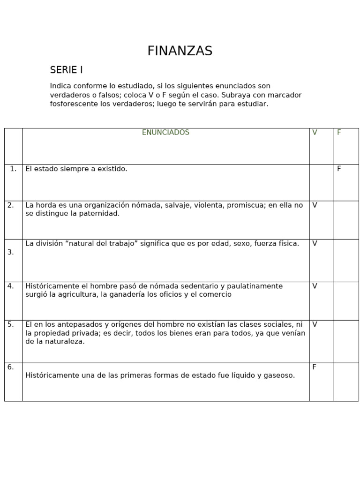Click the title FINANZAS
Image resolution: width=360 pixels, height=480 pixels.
pyautogui.click(x=180, y=51)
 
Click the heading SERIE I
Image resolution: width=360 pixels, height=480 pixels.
pyautogui.click(x=66, y=70)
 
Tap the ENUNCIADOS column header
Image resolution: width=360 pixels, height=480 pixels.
pyautogui.click(x=165, y=133)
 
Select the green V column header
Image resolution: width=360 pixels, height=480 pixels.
pyautogui.click(x=315, y=133)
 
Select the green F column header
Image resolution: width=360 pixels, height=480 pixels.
pyautogui.click(x=339, y=133)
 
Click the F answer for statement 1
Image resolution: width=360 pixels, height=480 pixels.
pyautogui.click(x=339, y=169)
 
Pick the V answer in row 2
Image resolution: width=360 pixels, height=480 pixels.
pyautogui.click(x=315, y=205)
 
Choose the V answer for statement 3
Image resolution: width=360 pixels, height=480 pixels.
pyautogui.click(x=315, y=244)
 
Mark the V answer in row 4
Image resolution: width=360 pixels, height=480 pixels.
pyautogui.click(x=315, y=286)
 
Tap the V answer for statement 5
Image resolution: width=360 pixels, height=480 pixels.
pyautogui.click(x=315, y=324)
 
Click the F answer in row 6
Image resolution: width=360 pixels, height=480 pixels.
pyautogui.click(x=314, y=367)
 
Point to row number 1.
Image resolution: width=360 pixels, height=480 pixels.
pyautogui.click(x=13, y=169)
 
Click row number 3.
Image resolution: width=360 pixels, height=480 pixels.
pyautogui.click(x=10, y=252)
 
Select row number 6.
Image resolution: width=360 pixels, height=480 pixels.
pyautogui.click(x=10, y=367)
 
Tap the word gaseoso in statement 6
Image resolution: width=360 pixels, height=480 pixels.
pyautogui.click(x=279, y=375)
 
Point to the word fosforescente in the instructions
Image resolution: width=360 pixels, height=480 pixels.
pyautogui.click(x=72, y=104)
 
